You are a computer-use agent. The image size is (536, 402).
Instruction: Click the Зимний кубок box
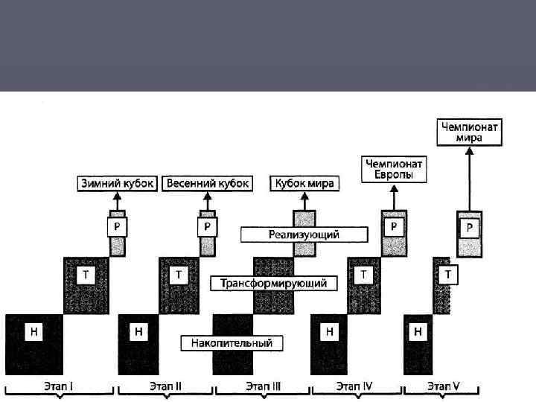118,183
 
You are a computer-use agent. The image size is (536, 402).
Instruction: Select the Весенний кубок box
208,183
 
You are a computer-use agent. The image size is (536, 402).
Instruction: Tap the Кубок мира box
304,183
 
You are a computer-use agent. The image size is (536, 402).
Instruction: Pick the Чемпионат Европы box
394,169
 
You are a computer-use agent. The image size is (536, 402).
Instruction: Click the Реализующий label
304,234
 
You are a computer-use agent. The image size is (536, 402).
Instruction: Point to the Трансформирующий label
274,284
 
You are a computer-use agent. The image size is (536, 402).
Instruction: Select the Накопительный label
232,343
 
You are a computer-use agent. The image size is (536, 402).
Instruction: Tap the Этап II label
165,387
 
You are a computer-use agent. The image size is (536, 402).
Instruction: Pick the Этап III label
263,387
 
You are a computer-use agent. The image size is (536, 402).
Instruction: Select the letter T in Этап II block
179,275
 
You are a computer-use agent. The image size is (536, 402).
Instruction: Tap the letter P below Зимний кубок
116,225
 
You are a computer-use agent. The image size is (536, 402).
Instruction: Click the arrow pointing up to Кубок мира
304,200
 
